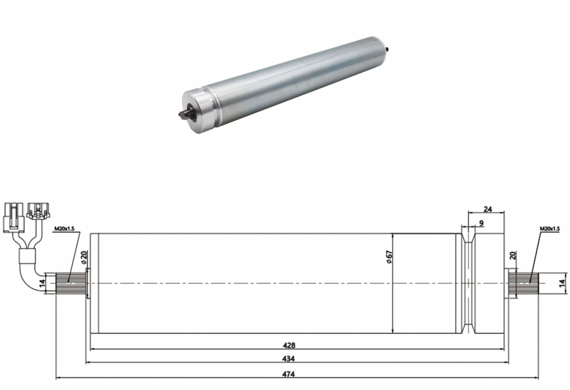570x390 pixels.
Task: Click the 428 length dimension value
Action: click(x=289, y=345)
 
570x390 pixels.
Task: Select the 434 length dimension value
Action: click(x=289, y=359)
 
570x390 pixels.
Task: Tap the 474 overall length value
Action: click(x=289, y=374)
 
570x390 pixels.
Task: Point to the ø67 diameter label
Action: click(x=389, y=257)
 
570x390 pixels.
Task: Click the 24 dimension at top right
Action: click(x=488, y=209)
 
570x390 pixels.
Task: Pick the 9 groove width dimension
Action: click(x=481, y=223)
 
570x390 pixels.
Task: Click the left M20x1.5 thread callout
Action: click(x=64, y=229)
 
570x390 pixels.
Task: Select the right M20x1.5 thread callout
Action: click(x=549, y=229)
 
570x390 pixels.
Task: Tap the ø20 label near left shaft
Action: click(x=84, y=257)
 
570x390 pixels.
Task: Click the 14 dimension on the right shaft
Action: click(x=562, y=283)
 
